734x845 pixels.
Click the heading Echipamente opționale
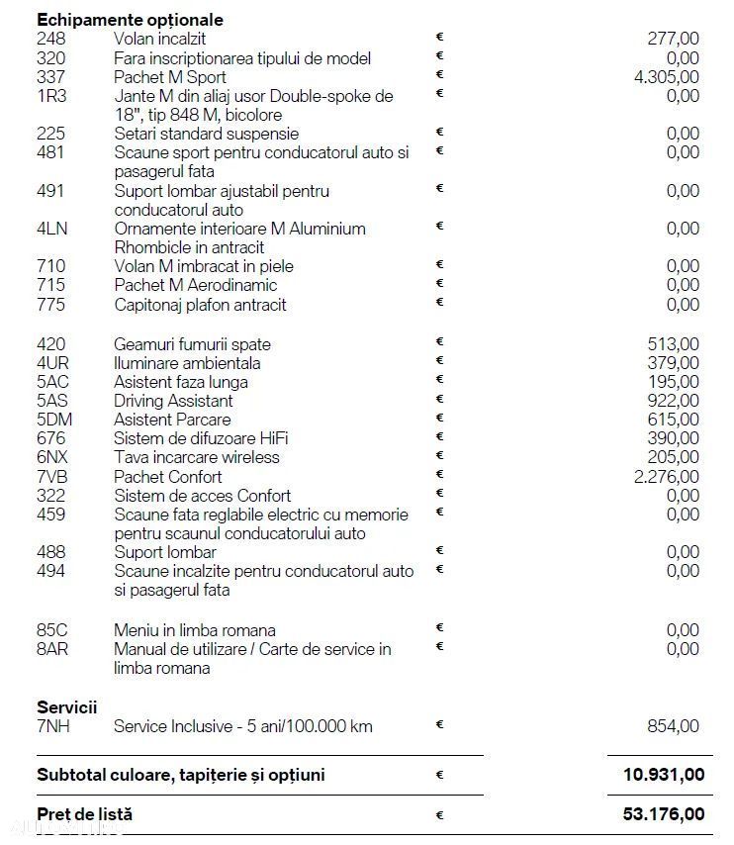click(130, 20)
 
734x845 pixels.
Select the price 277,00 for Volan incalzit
click(674, 39)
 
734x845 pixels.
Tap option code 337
click(49, 77)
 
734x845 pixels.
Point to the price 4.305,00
click(667, 77)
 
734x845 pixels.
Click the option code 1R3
click(50, 96)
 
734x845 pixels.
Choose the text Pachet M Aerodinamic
click(196, 286)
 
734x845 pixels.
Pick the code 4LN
click(50, 229)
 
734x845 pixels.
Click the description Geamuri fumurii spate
click(192, 344)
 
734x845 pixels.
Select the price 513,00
click(674, 344)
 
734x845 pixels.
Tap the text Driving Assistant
click(173, 401)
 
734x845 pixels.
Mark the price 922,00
click(674, 401)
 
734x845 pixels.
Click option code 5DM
click(54, 420)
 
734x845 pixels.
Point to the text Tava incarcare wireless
click(197, 457)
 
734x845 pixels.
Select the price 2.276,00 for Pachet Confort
click(667, 477)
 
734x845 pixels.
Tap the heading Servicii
click(67, 707)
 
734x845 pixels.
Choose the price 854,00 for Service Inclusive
click(674, 726)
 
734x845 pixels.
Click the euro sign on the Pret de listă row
click(439, 815)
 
